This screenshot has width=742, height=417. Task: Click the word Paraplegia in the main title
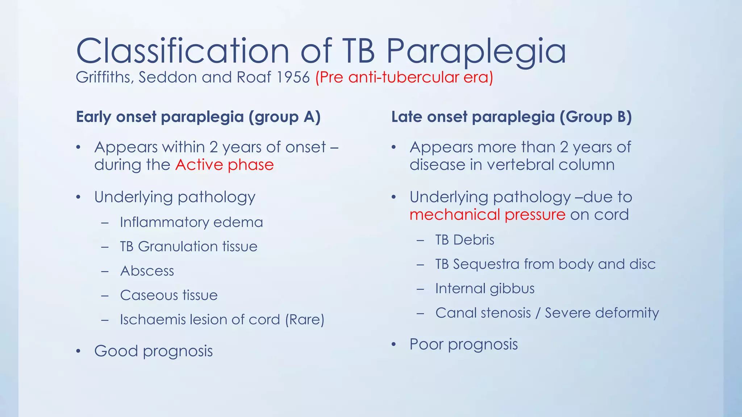point(476,51)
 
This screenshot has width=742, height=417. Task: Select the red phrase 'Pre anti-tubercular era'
point(404,77)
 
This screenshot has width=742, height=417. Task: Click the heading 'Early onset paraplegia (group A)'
point(198,117)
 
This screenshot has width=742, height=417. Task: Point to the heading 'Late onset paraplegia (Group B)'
point(511,117)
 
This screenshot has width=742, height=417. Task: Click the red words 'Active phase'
point(225,165)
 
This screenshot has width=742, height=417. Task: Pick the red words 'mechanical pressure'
point(487,215)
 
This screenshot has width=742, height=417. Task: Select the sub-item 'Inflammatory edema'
point(191,222)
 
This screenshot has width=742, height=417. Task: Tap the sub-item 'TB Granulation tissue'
point(188,247)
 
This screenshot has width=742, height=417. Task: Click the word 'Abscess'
point(147,271)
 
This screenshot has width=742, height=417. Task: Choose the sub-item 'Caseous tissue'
point(169,295)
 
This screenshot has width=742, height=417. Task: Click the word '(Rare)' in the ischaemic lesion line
point(305,320)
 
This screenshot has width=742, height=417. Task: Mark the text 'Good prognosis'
point(153,351)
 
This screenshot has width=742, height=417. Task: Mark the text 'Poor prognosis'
point(463,344)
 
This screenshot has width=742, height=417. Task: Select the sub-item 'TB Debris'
point(464,240)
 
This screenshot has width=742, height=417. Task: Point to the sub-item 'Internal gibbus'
point(485,288)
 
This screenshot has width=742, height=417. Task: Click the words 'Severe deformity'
point(601,313)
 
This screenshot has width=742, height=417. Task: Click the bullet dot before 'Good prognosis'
point(78,351)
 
